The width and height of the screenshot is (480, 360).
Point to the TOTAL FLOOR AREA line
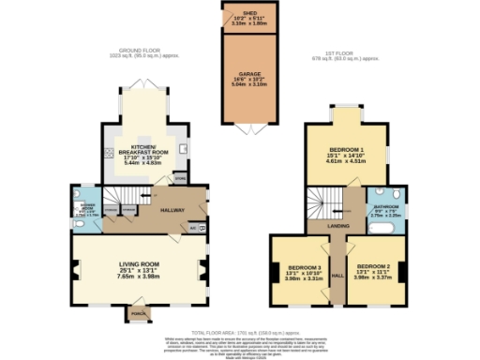239,332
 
